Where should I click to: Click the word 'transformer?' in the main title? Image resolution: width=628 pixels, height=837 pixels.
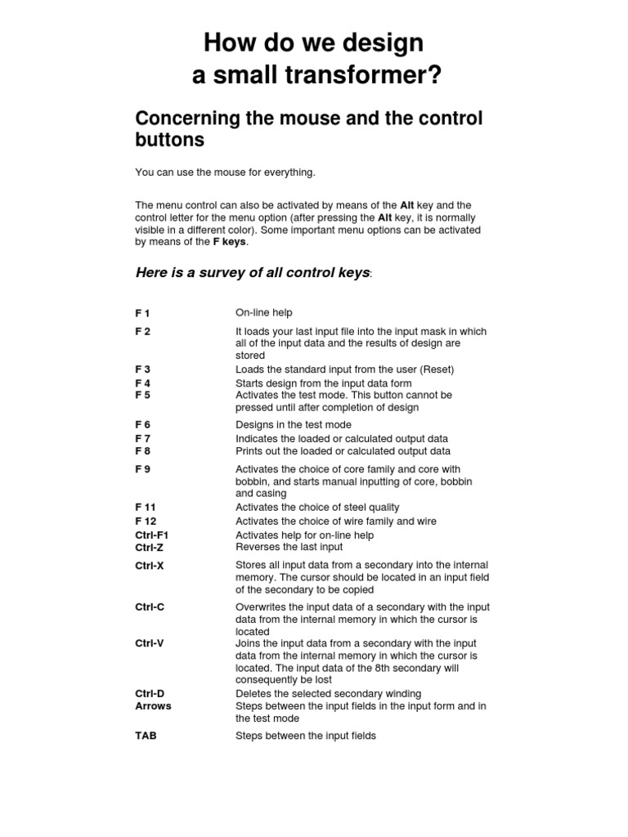[x=363, y=76]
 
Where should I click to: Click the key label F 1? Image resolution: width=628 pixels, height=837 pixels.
[x=142, y=313]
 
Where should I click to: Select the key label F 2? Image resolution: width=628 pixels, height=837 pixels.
[x=142, y=332]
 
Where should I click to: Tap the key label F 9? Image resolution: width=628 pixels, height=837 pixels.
[x=142, y=469]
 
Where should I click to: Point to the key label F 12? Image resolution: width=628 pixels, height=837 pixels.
[x=146, y=521]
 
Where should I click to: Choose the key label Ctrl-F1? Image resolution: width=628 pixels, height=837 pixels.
[x=151, y=535]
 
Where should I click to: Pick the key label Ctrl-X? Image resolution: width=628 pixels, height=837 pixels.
[x=150, y=566]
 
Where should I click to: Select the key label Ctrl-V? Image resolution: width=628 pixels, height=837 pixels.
[x=150, y=643]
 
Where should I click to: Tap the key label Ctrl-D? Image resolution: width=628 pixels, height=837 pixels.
[x=150, y=694]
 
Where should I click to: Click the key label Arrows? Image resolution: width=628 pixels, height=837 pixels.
[x=153, y=706]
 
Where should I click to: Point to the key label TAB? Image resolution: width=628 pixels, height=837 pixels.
[x=146, y=736]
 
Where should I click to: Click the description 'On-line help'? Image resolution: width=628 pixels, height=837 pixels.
[x=263, y=313]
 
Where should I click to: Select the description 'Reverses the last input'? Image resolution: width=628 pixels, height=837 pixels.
[x=289, y=547]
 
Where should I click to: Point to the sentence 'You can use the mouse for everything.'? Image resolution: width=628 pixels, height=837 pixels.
[x=225, y=172]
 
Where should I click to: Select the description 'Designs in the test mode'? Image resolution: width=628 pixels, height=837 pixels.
[x=293, y=425]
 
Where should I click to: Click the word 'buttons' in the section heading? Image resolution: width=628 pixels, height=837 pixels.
[x=169, y=140]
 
